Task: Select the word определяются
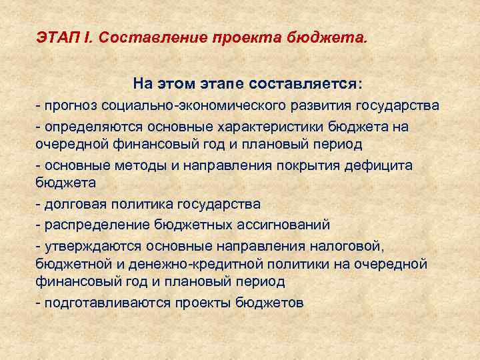tap(91, 127)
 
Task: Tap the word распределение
tap(90, 225)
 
